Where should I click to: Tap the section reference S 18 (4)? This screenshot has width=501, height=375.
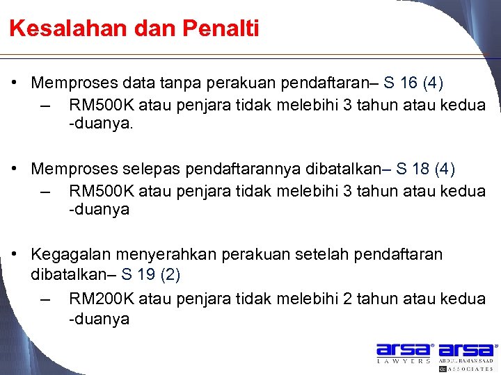point(425,169)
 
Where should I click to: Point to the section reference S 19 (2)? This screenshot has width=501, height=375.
point(151,274)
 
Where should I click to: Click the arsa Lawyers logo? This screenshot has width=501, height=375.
point(404,353)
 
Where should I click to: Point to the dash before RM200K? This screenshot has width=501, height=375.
point(46,299)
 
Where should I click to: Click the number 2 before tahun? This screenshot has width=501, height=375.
point(348,299)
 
